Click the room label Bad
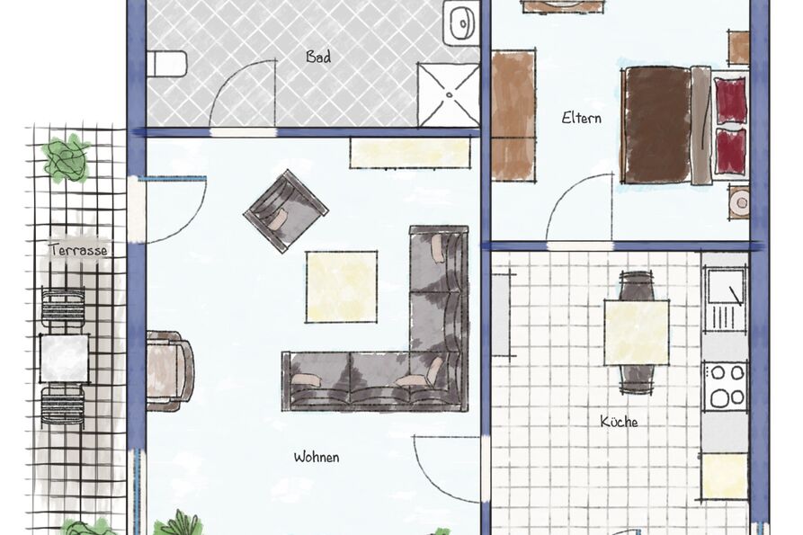tap(318, 57)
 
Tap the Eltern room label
tap(581, 118)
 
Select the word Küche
tap(619, 422)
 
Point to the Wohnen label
tap(317, 457)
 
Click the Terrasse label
tap(79, 250)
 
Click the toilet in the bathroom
tap(166, 64)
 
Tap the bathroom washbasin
tap(462, 22)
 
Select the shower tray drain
tap(449, 94)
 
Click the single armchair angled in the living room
tap(286, 211)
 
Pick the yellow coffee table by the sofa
tap(342, 287)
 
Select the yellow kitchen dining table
tap(637, 333)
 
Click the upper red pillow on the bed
tap(730, 101)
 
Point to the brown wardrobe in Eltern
tap(513, 115)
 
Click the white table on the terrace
tap(65, 358)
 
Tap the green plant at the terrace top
tap(66, 157)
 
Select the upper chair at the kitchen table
tap(636, 286)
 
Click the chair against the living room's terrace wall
tap(170, 370)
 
